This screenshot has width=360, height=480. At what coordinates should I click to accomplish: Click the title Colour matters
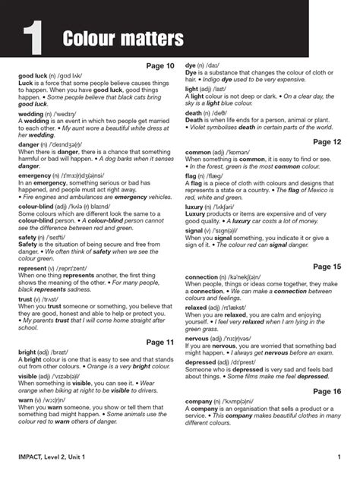(x=123, y=37)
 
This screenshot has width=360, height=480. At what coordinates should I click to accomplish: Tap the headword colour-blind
(x=34, y=207)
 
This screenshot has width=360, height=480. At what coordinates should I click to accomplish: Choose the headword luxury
(x=195, y=206)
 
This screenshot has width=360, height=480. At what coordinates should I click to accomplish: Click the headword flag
(x=191, y=175)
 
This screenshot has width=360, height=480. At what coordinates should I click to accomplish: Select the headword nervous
(x=197, y=338)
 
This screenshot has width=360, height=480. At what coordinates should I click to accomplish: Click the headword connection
(x=205, y=278)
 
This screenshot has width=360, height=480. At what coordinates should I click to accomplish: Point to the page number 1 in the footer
(x=338, y=456)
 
